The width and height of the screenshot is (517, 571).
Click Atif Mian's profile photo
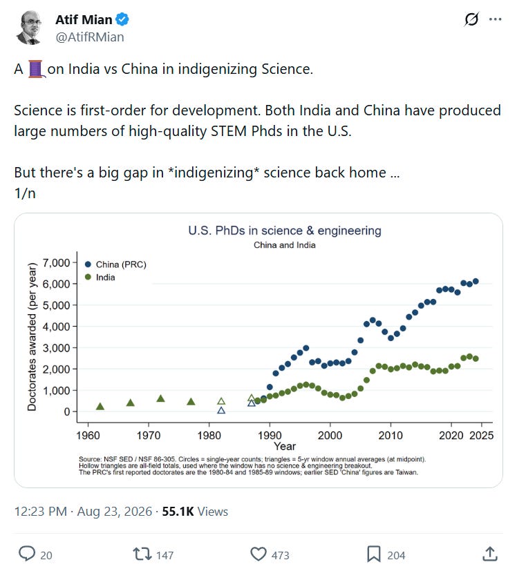click(28, 28)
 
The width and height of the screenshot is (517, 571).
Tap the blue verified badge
click(122, 19)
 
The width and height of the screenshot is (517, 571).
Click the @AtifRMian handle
click(90, 37)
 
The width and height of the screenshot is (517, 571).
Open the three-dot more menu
click(495, 19)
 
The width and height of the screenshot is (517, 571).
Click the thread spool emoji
click(35, 69)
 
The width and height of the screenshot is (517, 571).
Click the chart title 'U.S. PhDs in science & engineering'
click(285, 231)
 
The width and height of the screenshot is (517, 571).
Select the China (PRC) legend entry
click(115, 264)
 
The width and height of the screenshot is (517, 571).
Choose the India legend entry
click(100, 278)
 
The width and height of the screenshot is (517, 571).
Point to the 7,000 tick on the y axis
click(56, 262)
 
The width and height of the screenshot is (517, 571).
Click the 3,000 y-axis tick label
click(56, 348)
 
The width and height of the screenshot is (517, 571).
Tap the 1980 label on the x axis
click(209, 435)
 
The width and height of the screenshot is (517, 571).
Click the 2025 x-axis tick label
click(481, 435)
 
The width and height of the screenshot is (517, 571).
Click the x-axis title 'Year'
click(285, 446)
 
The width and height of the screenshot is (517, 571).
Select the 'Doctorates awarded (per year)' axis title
click(32, 337)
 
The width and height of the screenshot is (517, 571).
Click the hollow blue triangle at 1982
click(221, 410)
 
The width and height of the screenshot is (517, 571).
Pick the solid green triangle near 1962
click(100, 407)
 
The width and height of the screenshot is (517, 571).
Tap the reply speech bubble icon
click(27, 554)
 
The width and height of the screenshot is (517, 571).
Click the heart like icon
click(258, 554)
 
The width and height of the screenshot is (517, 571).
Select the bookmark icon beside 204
click(374, 554)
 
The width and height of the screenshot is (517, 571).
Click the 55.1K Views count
click(195, 512)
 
